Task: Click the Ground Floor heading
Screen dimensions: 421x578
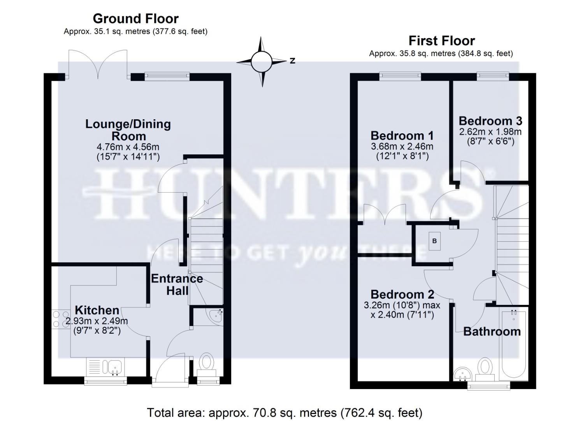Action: [x=135, y=18]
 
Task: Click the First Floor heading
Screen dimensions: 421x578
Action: [x=441, y=41]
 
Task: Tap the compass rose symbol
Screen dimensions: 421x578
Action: [x=261, y=62]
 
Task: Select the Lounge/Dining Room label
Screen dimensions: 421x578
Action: [x=128, y=130]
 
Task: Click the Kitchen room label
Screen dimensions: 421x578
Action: [x=97, y=310]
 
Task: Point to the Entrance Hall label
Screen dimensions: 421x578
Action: [x=177, y=284]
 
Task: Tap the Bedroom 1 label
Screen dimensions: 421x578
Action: [x=402, y=136]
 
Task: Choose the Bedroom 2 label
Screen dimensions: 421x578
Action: [x=402, y=294]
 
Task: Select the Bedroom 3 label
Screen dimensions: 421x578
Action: [x=490, y=121]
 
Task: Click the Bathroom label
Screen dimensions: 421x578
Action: [x=492, y=332]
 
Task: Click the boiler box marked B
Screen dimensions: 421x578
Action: [x=434, y=241]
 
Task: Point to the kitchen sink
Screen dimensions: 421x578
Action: [x=114, y=367]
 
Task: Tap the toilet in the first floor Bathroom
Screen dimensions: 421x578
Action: [x=485, y=369]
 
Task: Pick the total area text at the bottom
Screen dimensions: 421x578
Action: [x=284, y=412]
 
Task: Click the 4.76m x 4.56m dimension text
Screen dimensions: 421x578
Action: [x=128, y=147]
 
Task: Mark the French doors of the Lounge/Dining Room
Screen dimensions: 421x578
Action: [x=98, y=63]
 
